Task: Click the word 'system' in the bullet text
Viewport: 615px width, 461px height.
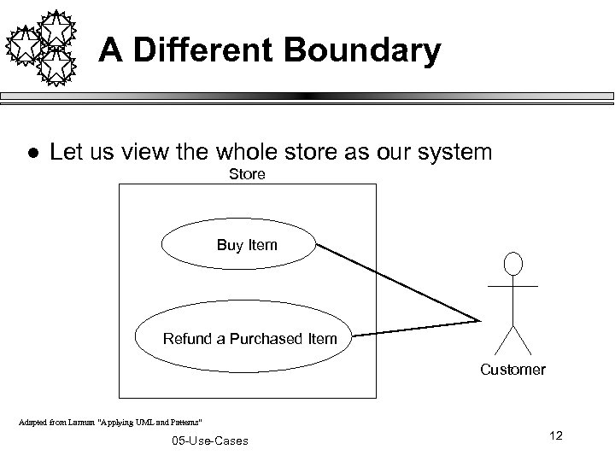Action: click(452, 153)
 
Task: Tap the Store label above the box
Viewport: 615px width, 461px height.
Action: click(247, 175)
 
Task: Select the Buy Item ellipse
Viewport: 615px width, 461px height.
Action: click(239, 246)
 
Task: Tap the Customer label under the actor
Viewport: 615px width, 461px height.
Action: click(512, 370)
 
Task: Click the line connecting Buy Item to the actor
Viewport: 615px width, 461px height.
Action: click(397, 283)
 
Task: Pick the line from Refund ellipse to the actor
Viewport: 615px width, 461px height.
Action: click(414, 328)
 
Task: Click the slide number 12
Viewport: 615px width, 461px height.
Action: click(556, 436)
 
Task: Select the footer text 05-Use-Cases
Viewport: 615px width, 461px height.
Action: click(209, 441)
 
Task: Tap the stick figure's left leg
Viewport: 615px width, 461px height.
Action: click(502, 339)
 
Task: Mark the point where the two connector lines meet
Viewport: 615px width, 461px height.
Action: click(478, 321)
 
